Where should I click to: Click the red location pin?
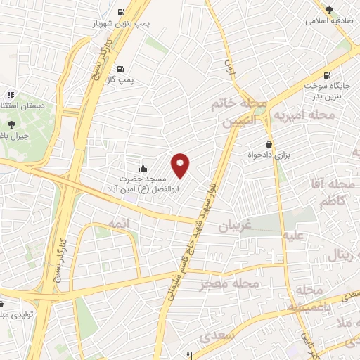[181, 165]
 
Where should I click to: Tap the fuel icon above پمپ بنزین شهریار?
[121, 11]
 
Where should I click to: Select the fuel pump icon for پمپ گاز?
[121, 69]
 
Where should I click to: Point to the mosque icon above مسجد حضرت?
[143, 167]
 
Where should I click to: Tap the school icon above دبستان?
[10, 94]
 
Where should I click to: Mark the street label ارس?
[229, 67]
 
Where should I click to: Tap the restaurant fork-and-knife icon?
[189, 354]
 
